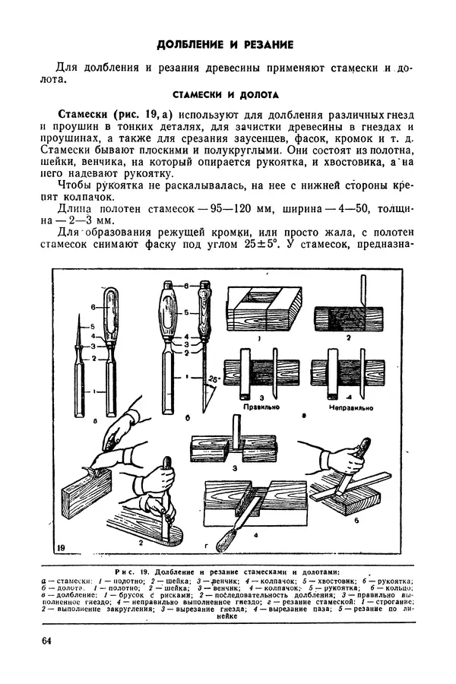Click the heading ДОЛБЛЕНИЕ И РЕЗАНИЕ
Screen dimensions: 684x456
227,44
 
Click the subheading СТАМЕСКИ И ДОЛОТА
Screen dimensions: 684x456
227,95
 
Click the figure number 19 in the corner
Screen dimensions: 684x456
61,547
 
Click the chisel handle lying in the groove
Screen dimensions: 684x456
229,537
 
